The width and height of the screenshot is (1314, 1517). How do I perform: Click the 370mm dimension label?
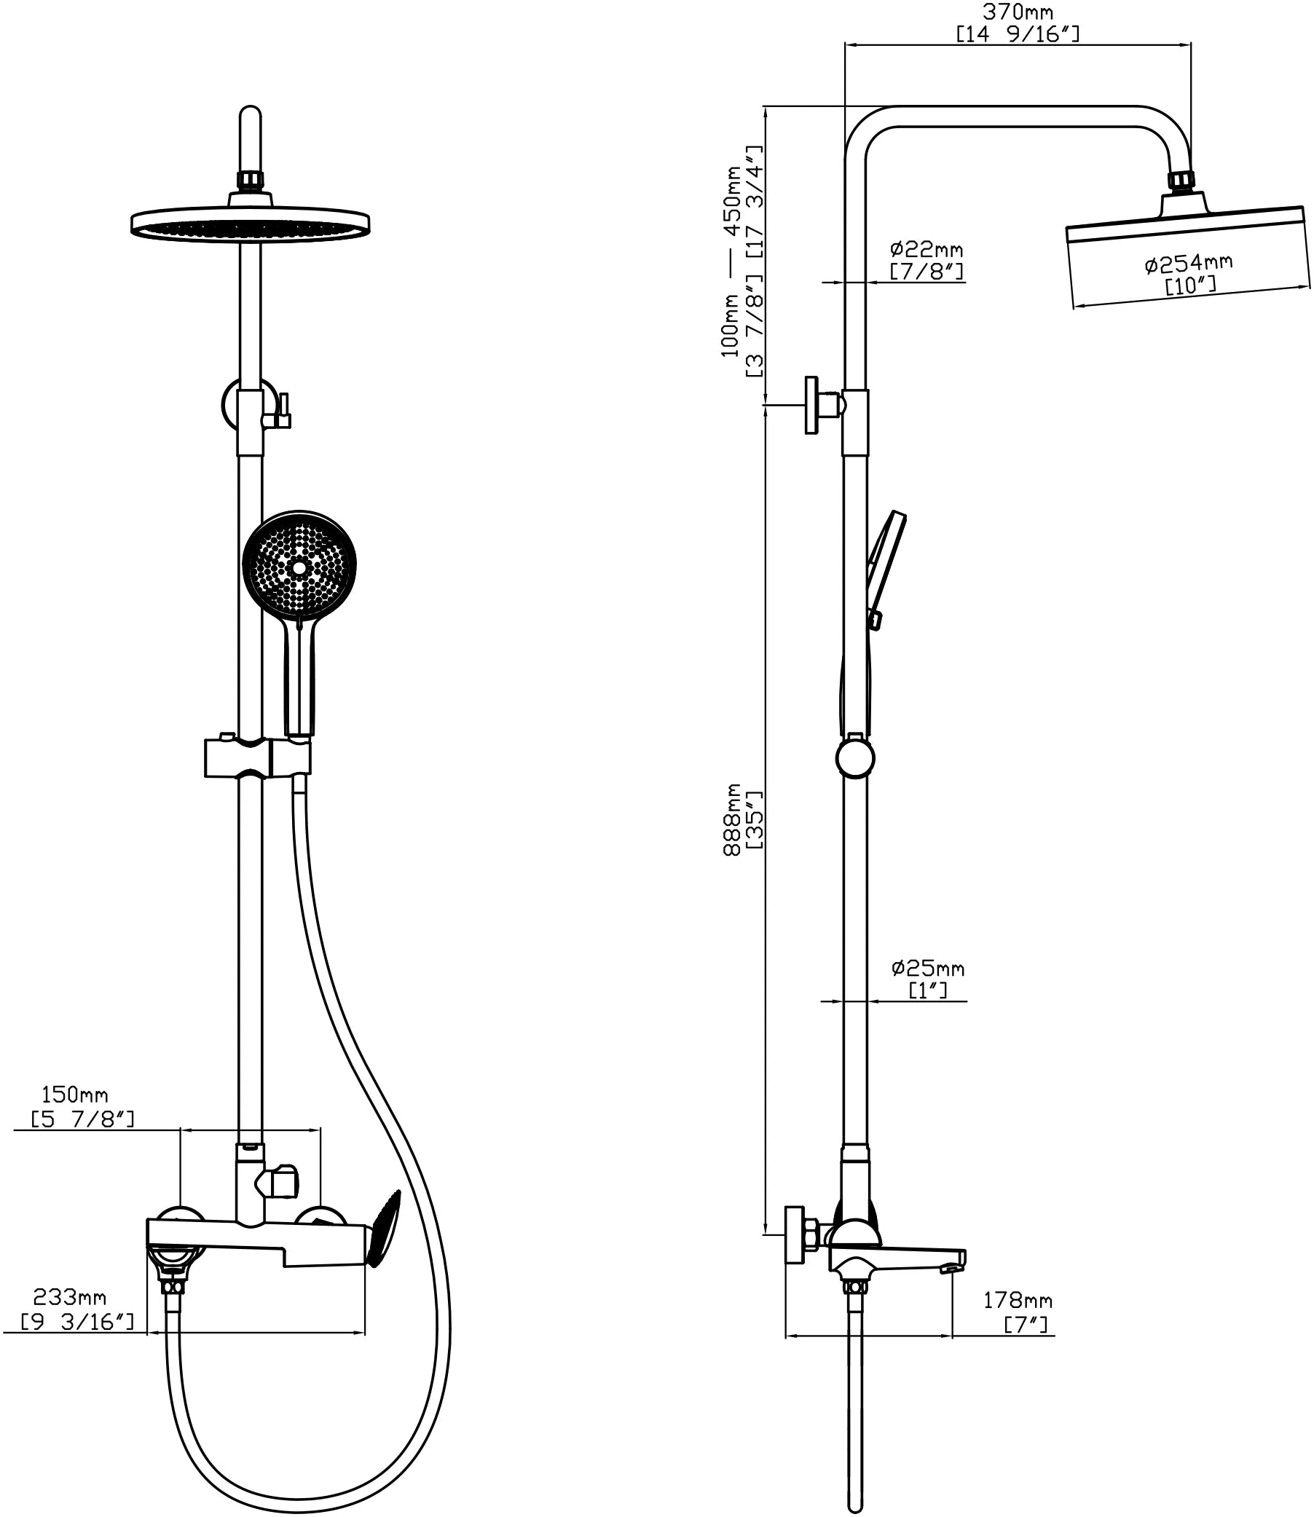coord(1017,12)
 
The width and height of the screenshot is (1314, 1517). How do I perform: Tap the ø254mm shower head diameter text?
coord(1188,262)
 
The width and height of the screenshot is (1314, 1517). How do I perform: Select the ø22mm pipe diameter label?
coord(926,249)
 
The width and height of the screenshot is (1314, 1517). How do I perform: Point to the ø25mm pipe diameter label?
coord(927,969)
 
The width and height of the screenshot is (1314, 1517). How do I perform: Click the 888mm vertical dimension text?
coord(733,820)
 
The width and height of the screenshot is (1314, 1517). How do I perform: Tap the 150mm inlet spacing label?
coord(75,1095)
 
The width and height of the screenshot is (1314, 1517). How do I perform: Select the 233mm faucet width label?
coord(70,1297)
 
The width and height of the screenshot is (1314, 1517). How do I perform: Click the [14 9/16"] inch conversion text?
coord(1017,34)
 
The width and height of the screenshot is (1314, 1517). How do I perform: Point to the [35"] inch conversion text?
coord(755,820)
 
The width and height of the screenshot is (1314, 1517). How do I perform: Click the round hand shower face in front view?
coord(299,567)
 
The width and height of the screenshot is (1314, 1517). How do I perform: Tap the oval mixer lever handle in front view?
coord(385,1229)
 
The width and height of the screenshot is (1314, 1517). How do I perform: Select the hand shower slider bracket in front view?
coord(256,758)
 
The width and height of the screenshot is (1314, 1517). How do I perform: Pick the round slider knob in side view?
coord(855,759)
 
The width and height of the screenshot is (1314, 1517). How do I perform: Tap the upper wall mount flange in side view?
coord(811,405)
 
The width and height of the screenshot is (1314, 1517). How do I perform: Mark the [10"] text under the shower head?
coord(1190,285)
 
